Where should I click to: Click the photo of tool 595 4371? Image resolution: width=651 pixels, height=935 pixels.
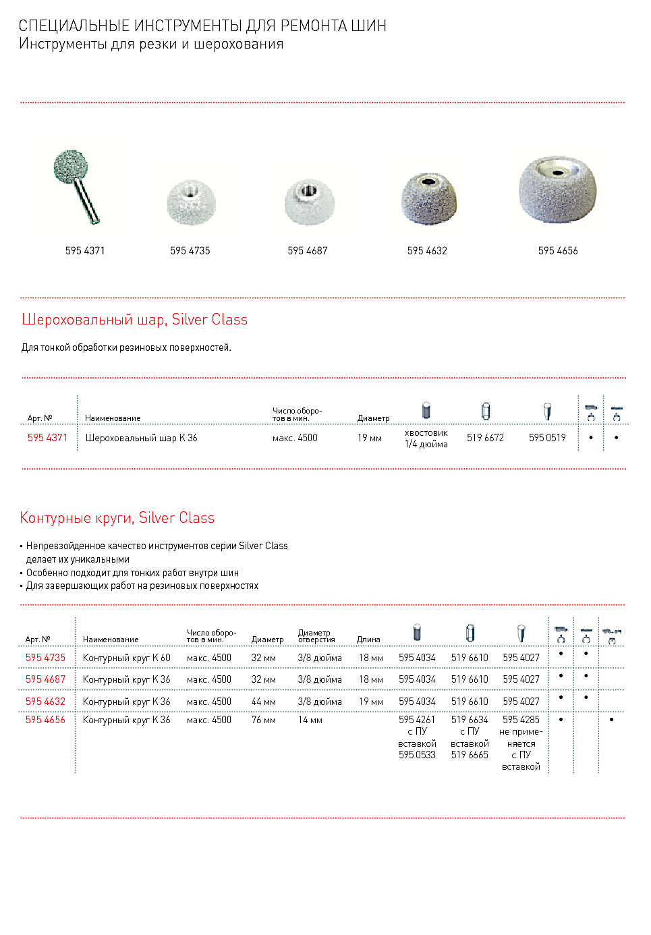click(x=76, y=185)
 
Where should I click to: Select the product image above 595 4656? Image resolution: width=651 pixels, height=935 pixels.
click(x=557, y=189)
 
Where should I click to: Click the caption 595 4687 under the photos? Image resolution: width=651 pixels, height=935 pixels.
click(x=308, y=251)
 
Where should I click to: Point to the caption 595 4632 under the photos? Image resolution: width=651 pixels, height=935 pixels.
click(x=427, y=251)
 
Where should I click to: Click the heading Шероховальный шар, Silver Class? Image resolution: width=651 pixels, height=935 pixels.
click(x=134, y=320)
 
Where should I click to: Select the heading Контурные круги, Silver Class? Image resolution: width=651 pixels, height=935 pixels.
click(x=117, y=518)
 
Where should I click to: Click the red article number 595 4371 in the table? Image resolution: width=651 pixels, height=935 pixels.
click(x=47, y=438)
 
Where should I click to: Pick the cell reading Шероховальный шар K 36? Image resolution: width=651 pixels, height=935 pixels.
click(x=141, y=438)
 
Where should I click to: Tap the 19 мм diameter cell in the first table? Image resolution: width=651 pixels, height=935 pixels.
click(x=370, y=438)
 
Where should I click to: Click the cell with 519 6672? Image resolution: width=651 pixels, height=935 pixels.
click(x=485, y=438)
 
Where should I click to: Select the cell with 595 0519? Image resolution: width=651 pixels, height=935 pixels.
click(x=547, y=438)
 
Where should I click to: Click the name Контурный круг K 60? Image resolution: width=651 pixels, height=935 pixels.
click(x=127, y=658)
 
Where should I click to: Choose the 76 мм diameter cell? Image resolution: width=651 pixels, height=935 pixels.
click(x=264, y=720)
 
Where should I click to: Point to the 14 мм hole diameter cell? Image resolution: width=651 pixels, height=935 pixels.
click(x=310, y=720)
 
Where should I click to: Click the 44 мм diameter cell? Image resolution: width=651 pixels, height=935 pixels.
click(x=264, y=702)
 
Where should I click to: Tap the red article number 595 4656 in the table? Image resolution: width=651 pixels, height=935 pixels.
click(x=45, y=720)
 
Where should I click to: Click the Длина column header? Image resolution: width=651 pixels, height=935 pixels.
click(x=368, y=640)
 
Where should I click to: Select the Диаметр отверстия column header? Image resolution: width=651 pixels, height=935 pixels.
click(x=316, y=636)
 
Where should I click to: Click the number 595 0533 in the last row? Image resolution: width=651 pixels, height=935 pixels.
click(x=417, y=755)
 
